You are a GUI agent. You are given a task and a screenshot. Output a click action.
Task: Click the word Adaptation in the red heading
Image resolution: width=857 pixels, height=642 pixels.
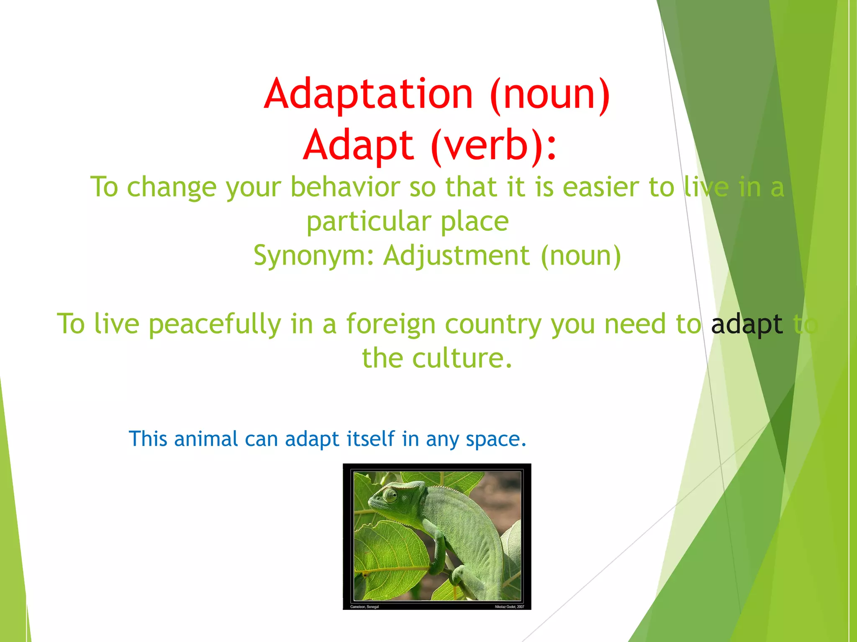coord(369,94)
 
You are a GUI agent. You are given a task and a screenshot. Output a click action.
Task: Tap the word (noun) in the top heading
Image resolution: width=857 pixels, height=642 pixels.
coord(550,94)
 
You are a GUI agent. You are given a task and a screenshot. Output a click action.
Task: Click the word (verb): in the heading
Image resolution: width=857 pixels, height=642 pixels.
coord(494,146)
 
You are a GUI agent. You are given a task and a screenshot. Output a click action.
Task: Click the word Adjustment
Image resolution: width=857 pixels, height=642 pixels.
coord(457,255)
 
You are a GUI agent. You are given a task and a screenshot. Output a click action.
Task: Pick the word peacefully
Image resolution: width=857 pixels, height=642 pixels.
coord(215,324)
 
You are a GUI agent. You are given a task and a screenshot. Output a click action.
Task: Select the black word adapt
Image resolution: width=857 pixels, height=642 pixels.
coord(747,324)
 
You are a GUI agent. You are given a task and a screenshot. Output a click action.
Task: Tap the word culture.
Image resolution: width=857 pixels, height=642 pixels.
coord(462,359)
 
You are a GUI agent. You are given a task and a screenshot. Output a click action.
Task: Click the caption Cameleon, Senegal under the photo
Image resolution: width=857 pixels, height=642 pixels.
coord(364,606)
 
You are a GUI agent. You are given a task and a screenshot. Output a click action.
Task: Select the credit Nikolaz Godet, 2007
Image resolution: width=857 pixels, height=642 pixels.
coord(509,606)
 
